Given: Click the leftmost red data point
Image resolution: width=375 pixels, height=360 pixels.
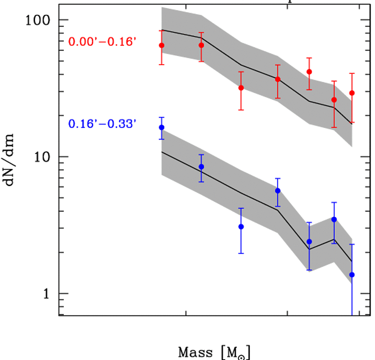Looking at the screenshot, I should pos(162,45).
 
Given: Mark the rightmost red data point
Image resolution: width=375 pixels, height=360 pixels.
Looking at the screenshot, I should pos(352,93).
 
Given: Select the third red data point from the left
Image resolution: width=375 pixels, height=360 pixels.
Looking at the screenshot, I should pos(241,88).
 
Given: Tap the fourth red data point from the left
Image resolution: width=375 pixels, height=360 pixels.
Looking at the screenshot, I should pos(278,79).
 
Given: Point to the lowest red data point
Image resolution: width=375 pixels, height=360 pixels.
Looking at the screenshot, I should pos(334,100).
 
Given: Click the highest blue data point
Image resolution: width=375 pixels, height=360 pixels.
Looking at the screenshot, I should pos(162,127).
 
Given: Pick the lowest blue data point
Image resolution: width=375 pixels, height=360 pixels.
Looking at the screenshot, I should pos(352,274).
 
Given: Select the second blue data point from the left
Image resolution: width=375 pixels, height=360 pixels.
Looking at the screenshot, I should pos(201,167).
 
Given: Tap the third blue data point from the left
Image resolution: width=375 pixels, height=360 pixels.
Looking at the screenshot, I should pos(241,226).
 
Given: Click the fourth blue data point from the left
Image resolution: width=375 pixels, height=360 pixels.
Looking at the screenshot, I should pos(278,191).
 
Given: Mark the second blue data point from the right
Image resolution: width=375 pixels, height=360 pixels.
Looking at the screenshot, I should pos(334,220).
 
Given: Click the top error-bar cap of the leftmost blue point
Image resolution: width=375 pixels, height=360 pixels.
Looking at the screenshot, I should pos(162,117).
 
